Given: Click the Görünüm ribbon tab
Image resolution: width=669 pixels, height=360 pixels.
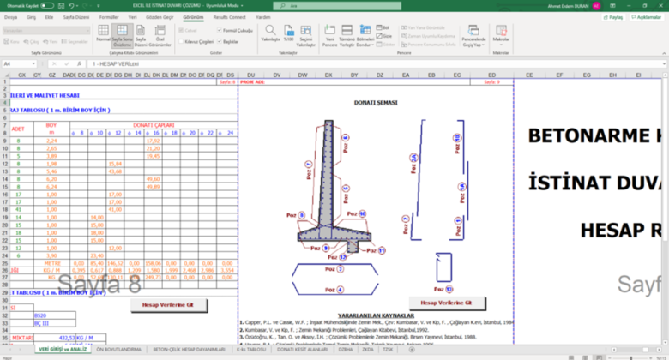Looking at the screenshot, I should [193, 16].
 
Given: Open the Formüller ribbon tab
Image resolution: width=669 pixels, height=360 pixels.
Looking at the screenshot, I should [109, 16].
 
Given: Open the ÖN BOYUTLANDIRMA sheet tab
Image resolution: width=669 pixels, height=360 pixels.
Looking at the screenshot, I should [118, 350].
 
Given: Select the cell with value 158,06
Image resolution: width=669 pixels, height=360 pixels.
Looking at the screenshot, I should [154, 263].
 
